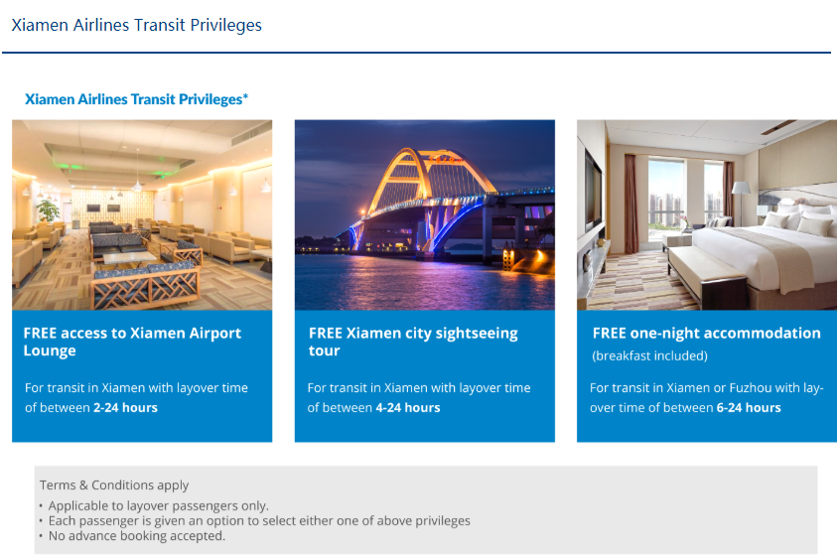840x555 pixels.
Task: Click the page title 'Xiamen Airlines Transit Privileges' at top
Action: pos(137,25)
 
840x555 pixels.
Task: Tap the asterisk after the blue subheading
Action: pos(245,96)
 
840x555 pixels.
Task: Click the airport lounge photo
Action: pos(142,214)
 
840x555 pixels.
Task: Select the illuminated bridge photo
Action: pos(425,214)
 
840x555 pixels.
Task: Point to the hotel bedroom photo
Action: pos(707,214)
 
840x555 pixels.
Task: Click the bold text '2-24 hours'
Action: pos(125,408)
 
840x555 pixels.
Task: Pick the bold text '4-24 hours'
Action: pos(408,408)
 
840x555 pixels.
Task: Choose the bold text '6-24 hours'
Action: pos(749,408)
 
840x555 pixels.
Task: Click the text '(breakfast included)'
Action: pos(649,355)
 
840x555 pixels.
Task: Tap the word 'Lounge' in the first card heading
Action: pos(50,350)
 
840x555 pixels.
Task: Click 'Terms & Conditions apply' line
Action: pos(114,486)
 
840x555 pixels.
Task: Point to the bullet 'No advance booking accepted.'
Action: pos(137,536)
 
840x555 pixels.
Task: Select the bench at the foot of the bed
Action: pos(707,276)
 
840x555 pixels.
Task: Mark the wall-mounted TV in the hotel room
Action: pos(593,192)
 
